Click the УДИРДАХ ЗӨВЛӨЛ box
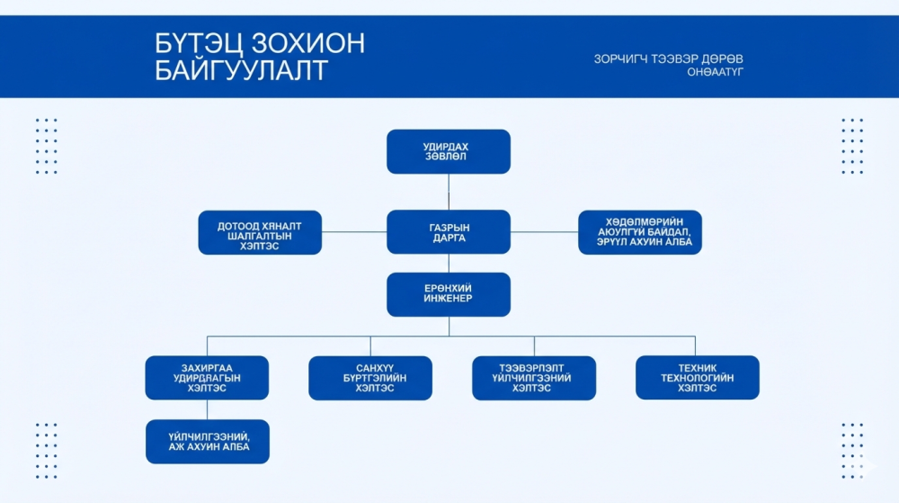coord(448,151)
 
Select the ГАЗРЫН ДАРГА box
coord(448,232)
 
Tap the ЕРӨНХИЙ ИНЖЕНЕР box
coord(448,294)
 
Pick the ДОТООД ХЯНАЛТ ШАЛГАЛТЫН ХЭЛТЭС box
coord(260,232)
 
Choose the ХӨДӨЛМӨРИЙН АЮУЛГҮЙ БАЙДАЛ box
coord(640,232)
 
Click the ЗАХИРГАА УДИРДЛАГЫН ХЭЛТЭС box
coord(207,378)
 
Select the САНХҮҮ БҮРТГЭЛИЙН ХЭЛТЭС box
coord(369,378)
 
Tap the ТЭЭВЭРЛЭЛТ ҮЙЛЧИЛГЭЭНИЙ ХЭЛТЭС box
coord(534,378)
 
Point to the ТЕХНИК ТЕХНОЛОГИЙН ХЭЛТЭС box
coord(697,378)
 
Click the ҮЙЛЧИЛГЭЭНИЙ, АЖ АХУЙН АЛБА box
coord(207,441)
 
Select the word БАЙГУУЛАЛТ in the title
coord(241,71)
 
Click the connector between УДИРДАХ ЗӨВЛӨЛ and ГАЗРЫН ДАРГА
coord(449,192)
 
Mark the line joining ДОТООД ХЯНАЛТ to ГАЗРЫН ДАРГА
coord(354,232)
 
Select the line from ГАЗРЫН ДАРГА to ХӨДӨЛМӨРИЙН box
coord(544,232)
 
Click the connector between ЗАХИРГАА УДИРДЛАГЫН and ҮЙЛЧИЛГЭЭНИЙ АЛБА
coord(207,409)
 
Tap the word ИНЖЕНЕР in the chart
coord(448,299)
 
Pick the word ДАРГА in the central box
coord(448,238)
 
